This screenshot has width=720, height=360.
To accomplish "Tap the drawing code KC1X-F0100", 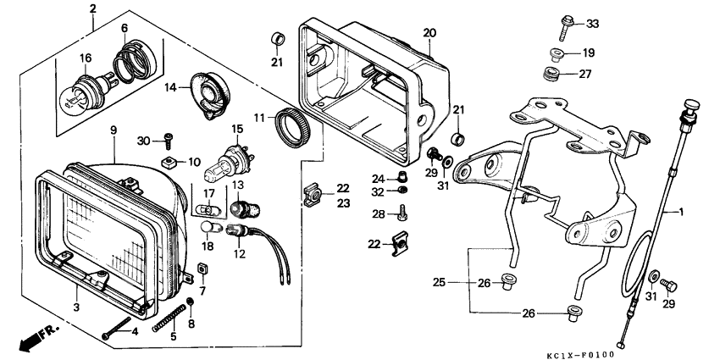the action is point(580,355).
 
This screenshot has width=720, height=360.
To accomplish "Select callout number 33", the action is point(592,24).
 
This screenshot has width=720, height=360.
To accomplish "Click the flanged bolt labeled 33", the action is point(566,28).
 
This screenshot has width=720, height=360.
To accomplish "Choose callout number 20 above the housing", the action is point(429,33).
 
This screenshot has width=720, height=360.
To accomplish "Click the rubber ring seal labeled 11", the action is point(292,126).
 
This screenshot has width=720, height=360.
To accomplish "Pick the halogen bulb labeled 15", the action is point(225,166).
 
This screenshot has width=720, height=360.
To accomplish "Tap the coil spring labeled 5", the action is point(169,318).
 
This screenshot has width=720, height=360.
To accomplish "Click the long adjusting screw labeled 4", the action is point(118,328).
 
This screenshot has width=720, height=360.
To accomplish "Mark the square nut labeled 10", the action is point(170,162).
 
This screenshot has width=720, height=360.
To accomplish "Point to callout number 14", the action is point(170,86).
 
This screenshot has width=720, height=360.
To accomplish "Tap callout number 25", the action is point(439,282).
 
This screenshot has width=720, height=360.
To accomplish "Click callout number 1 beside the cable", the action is point(681,212).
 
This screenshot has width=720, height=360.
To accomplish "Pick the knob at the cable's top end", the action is point(691,106).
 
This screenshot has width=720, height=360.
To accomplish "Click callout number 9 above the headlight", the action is point(114,130).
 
